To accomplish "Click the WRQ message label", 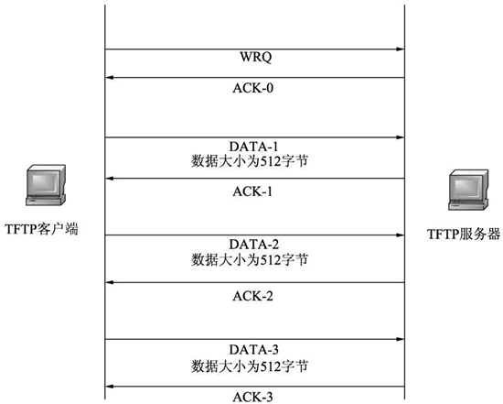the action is (256, 58).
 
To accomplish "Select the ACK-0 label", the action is (253, 88).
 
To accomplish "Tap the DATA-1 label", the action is (253, 147).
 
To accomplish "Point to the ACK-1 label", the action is (252, 191).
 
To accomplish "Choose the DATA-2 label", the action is (254, 245).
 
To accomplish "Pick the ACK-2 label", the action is (253, 296).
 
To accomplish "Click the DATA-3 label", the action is (254, 349).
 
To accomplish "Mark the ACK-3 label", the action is (253, 397).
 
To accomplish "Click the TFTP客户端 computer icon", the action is (46, 185).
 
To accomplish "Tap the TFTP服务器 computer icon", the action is (468, 190).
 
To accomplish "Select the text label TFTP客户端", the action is (41, 229).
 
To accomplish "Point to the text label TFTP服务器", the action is (464, 235).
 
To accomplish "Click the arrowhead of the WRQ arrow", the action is (401, 49).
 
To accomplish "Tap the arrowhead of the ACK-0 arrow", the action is (110, 78).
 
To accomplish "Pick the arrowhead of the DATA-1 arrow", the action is (401, 137).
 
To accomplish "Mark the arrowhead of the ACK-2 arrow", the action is (110, 282).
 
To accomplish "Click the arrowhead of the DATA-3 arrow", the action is (401, 339).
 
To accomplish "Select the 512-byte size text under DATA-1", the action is (250, 161).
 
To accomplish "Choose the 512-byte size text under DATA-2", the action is (250, 259).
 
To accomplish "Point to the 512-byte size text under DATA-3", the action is (250, 366).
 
